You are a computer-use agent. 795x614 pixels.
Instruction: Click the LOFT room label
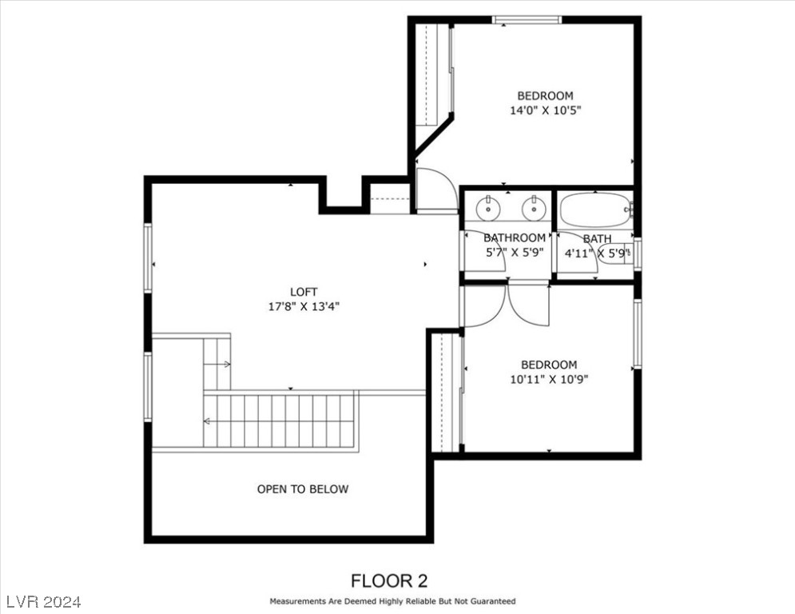coord(303,292)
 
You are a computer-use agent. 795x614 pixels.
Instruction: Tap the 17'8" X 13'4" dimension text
coord(303,305)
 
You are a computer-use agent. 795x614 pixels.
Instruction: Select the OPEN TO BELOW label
coord(303,488)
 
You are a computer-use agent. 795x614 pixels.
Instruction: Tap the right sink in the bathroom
coord(533,209)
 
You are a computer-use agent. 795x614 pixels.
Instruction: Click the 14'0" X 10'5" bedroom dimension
coord(545,110)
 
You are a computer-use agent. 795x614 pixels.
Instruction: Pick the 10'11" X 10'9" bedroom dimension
coord(549,379)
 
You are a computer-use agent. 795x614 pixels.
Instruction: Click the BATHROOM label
coord(515,237)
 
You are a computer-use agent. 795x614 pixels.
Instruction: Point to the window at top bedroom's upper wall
coord(527,19)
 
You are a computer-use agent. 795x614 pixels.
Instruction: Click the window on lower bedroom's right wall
coord(638,333)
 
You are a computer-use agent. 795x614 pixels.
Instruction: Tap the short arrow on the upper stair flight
coord(217,364)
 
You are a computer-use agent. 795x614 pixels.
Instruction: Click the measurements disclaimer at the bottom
coord(392,601)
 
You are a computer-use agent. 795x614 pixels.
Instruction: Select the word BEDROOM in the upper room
coord(545,96)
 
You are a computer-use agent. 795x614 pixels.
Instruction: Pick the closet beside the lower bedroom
coord(447,392)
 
